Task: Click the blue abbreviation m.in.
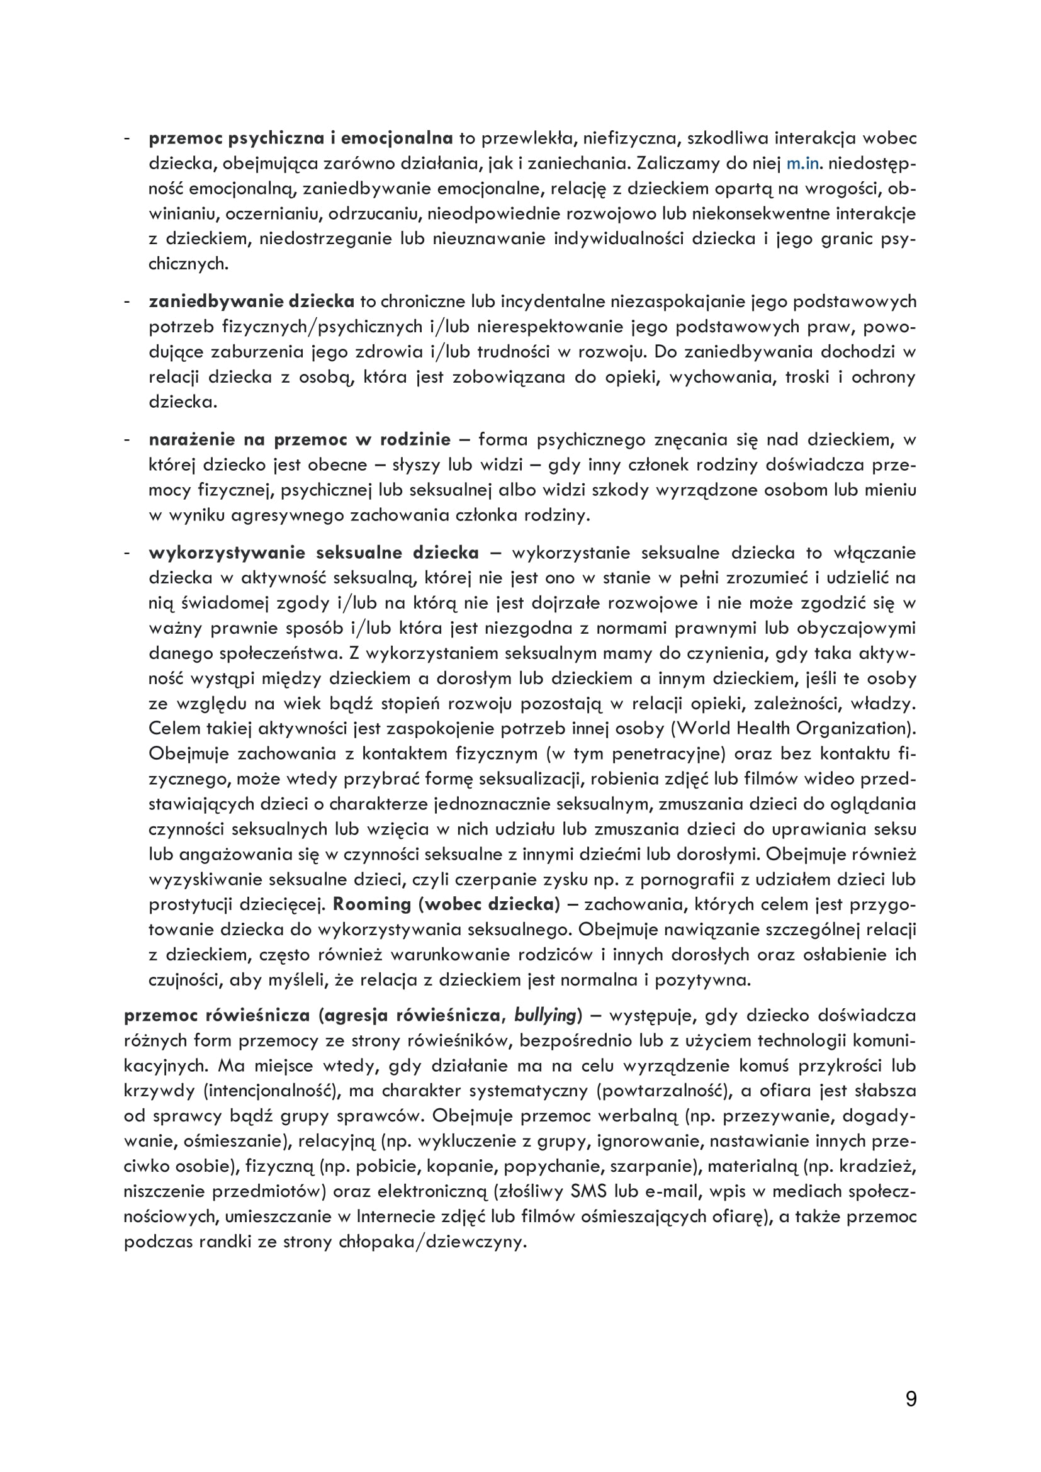(802, 164)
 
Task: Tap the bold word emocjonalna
(396, 138)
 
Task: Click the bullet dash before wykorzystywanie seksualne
(128, 553)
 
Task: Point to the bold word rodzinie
(415, 440)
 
